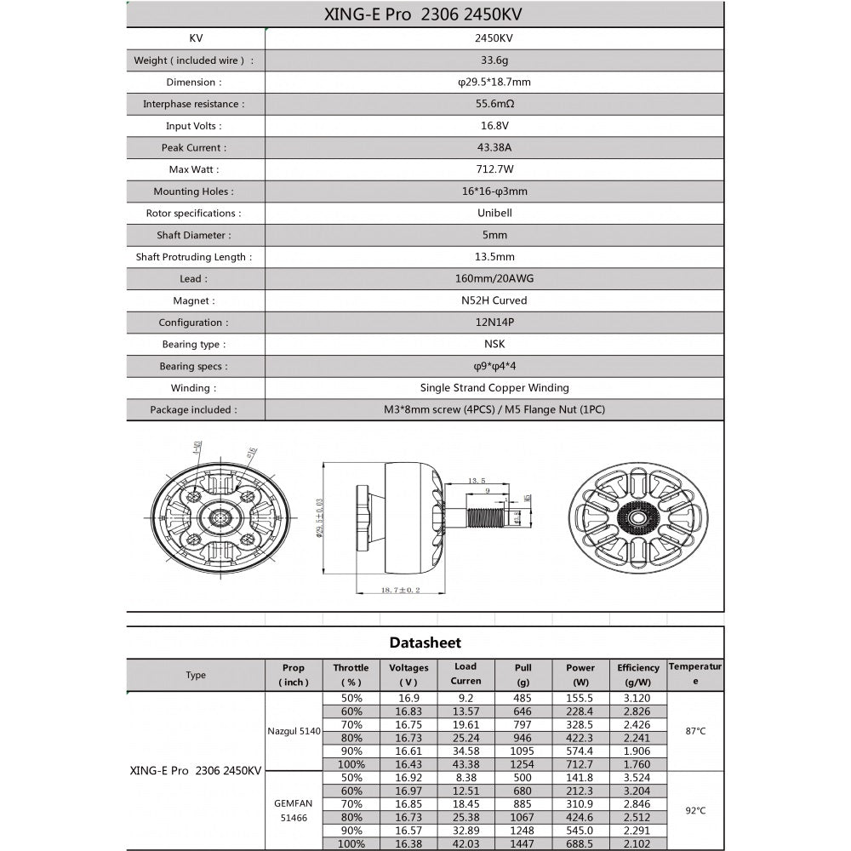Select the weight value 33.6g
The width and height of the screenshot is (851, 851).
tap(494, 60)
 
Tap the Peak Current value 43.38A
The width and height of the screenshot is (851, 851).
tap(494, 147)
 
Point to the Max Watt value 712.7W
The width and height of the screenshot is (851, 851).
tap(494, 169)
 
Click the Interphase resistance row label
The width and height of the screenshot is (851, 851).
tap(193, 104)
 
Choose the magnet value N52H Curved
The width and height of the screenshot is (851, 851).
tap(494, 300)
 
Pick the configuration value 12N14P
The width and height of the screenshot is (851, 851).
tap(494, 323)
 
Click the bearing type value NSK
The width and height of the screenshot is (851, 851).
tap(494, 345)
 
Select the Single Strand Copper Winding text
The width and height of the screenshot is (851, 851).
tap(494, 388)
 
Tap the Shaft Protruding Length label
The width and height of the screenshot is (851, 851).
tap(194, 257)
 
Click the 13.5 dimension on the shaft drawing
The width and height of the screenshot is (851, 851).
tap(477, 481)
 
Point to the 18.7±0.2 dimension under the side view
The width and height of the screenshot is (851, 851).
tap(401, 590)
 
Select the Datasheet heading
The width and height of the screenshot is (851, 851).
tap(425, 643)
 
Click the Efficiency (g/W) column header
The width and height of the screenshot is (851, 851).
tap(638, 675)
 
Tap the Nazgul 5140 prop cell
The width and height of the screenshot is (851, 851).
tap(294, 730)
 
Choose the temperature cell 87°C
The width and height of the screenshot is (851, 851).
tap(695, 730)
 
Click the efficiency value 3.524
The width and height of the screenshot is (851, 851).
tap(638, 777)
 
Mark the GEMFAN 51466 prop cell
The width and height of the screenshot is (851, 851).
tap(294, 809)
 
